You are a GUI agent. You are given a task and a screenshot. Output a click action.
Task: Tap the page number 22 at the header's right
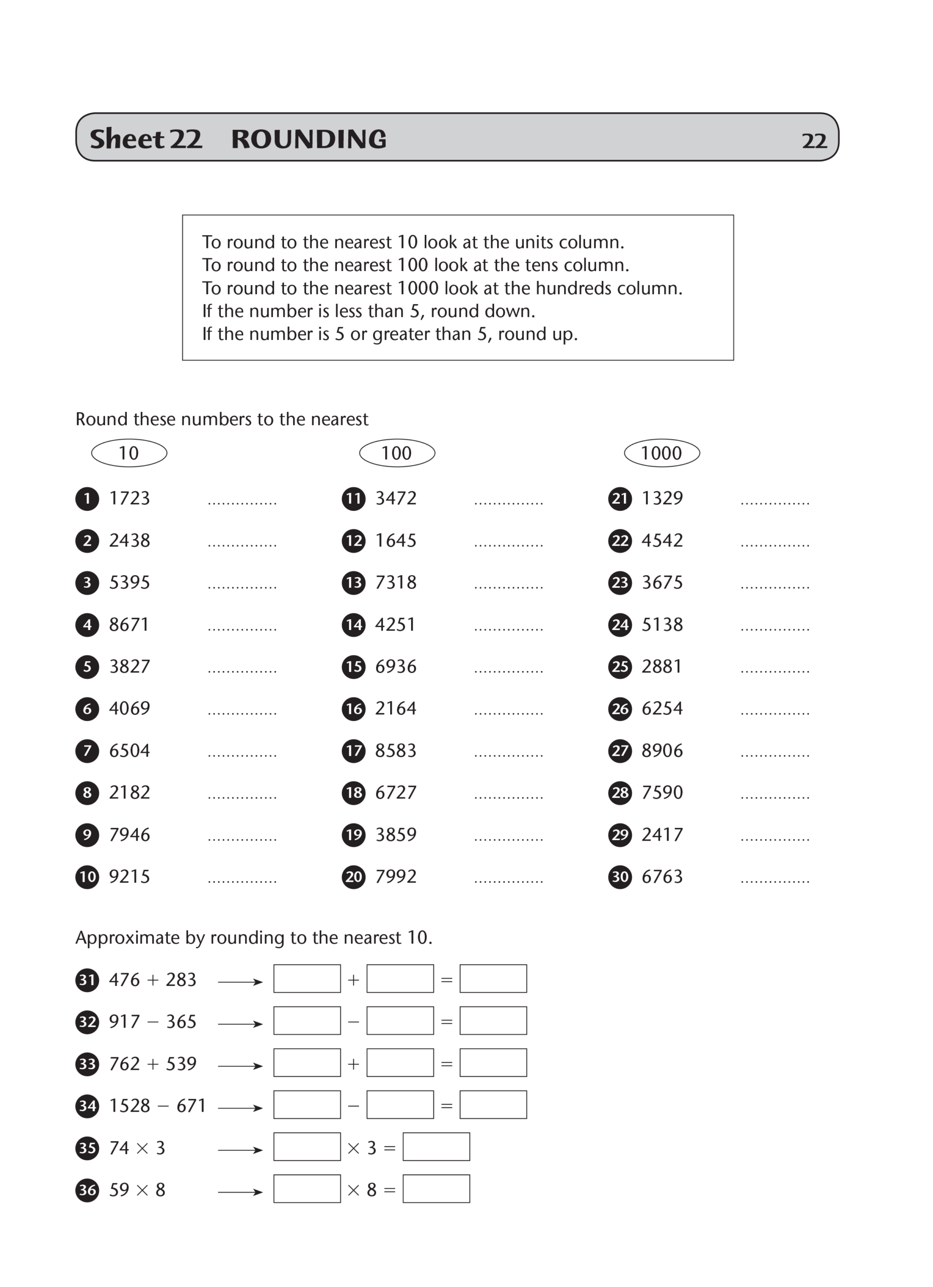(x=814, y=141)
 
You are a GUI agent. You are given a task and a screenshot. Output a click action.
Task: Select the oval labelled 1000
(x=662, y=453)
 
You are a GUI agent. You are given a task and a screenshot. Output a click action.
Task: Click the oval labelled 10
(x=129, y=453)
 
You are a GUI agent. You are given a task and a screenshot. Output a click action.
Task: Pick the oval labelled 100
(x=397, y=453)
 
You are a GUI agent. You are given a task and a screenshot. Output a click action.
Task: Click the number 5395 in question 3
(x=129, y=582)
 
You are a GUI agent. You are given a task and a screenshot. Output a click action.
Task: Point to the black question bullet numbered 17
(x=353, y=751)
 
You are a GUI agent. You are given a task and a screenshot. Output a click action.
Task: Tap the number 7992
(x=396, y=877)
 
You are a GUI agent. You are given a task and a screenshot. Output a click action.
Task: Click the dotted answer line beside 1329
(x=775, y=502)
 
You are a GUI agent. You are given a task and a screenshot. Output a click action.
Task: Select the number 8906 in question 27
(x=662, y=751)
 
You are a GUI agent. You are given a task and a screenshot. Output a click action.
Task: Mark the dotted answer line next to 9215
(x=242, y=881)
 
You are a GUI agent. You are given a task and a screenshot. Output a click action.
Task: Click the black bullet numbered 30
(x=620, y=877)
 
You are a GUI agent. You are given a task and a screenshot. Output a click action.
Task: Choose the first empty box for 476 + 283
(x=307, y=979)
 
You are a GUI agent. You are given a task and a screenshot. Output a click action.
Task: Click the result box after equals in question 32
(x=493, y=1021)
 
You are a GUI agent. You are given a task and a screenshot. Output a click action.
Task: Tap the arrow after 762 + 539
(x=240, y=1066)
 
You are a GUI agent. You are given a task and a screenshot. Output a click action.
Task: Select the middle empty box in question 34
(x=400, y=1105)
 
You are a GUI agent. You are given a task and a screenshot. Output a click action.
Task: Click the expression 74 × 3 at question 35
(x=137, y=1148)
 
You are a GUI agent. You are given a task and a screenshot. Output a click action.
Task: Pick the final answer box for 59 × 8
(x=436, y=1189)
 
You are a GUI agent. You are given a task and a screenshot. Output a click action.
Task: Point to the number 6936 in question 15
(x=396, y=666)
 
